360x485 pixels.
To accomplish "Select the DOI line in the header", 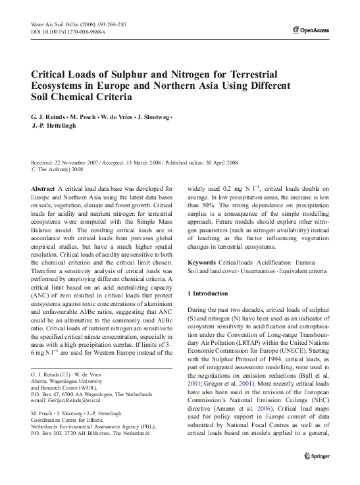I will (68, 31).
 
